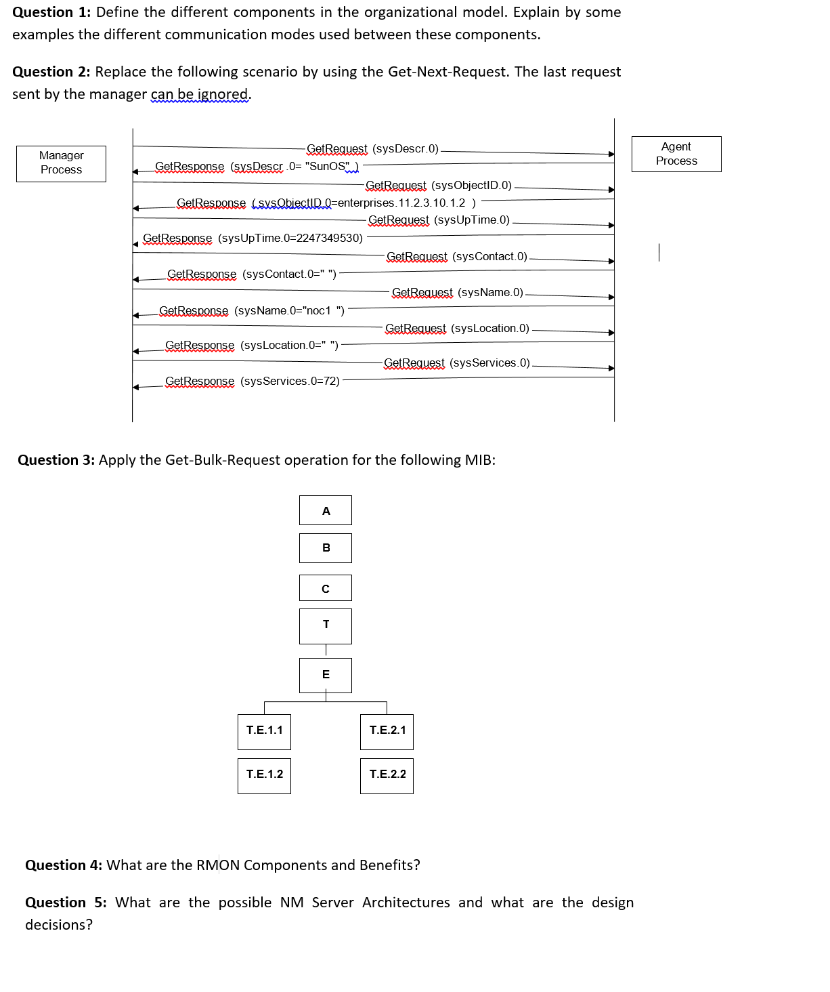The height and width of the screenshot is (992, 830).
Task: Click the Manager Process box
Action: tap(61, 163)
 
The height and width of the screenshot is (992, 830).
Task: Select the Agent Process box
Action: tap(676, 154)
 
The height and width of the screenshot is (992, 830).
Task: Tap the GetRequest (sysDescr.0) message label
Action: tap(372, 148)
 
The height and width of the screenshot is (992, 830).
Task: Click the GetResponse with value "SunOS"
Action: tap(257, 167)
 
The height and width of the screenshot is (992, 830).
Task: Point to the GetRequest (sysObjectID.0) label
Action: tap(438, 185)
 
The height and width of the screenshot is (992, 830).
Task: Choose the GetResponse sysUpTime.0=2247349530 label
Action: tap(253, 238)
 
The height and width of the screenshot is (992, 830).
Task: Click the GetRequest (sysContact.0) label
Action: tap(456, 256)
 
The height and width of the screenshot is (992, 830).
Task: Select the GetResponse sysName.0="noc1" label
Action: tap(251, 310)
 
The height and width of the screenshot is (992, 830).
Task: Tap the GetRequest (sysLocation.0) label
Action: tap(457, 328)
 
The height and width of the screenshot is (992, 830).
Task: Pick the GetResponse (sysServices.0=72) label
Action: tap(252, 381)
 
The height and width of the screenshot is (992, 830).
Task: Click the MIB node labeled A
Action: tap(326, 510)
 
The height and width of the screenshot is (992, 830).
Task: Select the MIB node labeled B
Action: tap(326, 547)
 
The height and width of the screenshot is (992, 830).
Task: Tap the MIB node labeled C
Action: tap(326, 588)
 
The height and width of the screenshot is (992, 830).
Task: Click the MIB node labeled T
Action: tap(326, 625)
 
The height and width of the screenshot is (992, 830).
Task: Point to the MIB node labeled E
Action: tap(326, 675)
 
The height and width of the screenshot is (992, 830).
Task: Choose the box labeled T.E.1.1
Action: tap(264, 731)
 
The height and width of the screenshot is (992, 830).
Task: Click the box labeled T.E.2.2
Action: tap(387, 775)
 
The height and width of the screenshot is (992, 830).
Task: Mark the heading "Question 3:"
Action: tap(56, 460)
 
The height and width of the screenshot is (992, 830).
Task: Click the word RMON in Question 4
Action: tap(218, 865)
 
